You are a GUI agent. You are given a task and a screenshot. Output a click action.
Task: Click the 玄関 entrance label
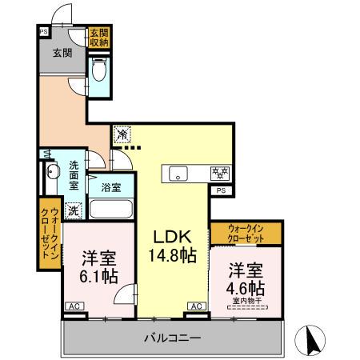point(63,54)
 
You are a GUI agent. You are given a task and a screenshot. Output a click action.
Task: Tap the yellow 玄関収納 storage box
point(99,38)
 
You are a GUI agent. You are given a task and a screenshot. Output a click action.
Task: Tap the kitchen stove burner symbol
point(220,172)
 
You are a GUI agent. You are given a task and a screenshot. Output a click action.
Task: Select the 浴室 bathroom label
point(111,188)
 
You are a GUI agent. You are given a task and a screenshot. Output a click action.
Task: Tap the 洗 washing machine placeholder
point(74,211)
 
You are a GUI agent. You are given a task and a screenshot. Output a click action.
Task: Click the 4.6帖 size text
point(246,287)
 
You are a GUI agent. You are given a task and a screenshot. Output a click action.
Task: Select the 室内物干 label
point(247,301)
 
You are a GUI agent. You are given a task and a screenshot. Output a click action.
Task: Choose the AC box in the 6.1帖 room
point(73,306)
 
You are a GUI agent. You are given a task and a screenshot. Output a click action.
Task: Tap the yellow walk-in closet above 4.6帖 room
point(246,235)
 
